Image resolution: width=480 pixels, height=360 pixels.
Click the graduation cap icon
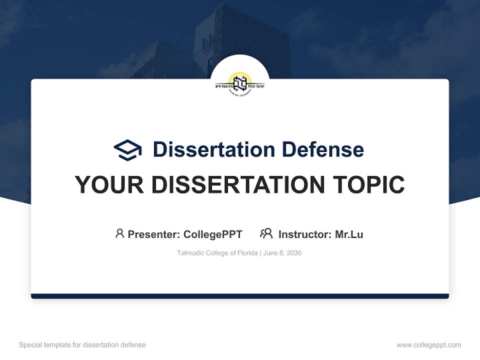click(x=127, y=150)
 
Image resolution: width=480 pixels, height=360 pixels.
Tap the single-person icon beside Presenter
click(x=119, y=233)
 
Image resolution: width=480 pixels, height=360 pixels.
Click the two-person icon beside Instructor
click(x=266, y=233)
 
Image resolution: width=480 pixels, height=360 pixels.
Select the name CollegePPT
click(x=213, y=234)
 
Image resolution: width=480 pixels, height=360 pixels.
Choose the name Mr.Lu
click(x=349, y=234)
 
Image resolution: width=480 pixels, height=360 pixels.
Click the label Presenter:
click(x=154, y=234)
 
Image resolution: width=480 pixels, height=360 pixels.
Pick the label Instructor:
click(x=305, y=234)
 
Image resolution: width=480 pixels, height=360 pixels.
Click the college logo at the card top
click(x=240, y=83)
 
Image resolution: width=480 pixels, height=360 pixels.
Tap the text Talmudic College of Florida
click(x=217, y=253)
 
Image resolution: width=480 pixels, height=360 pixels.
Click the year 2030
click(x=294, y=253)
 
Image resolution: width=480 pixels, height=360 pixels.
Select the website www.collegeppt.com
click(x=428, y=345)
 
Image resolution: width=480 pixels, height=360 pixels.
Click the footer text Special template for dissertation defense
click(x=82, y=345)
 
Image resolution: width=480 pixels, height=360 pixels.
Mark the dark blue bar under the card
click(x=240, y=296)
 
